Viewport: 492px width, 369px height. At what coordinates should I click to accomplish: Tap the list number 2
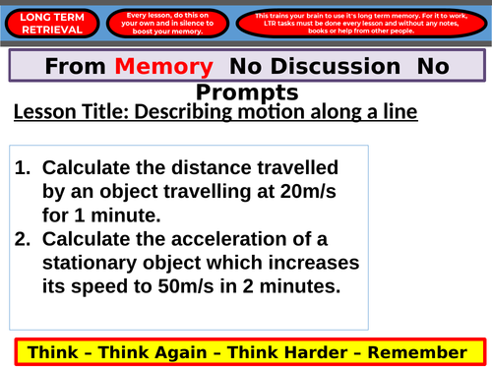click(x=24, y=237)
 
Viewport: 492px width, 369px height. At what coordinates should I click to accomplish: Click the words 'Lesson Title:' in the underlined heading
click(x=64, y=112)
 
